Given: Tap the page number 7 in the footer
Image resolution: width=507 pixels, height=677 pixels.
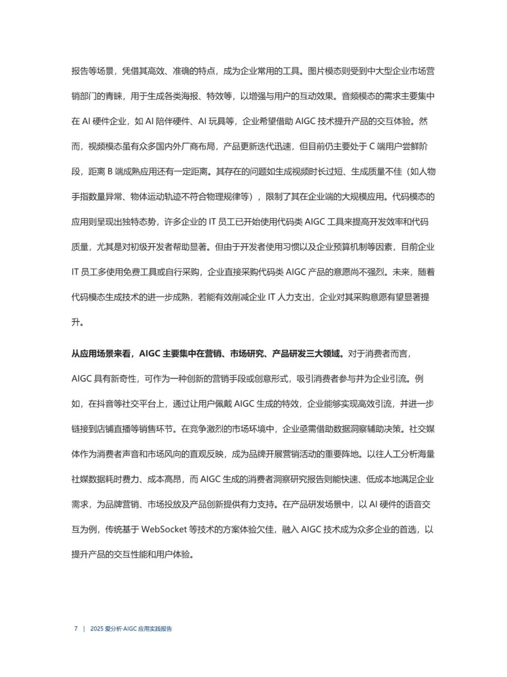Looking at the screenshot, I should [x=76, y=629].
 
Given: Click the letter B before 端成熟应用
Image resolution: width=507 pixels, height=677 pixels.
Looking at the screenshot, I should [x=110, y=172].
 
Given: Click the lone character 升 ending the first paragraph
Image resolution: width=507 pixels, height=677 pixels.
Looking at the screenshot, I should [x=76, y=323].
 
